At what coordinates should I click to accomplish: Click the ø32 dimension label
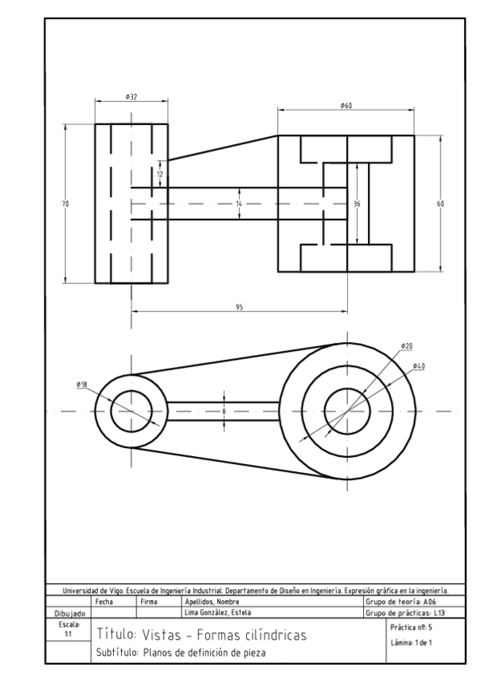click(x=131, y=96)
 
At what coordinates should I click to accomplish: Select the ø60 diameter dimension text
click(x=346, y=106)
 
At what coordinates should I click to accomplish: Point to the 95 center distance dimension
click(x=239, y=306)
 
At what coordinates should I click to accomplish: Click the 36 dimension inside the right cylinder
click(x=357, y=205)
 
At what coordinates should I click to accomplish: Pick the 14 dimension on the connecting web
click(x=239, y=205)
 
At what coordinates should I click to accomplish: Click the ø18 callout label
click(x=82, y=384)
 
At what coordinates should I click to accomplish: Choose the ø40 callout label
click(x=419, y=365)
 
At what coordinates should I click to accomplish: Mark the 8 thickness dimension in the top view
click(x=225, y=411)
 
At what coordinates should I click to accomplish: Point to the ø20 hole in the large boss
click(x=347, y=412)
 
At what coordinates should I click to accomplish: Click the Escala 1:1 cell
click(x=68, y=628)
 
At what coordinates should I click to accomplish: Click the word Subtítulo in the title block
click(x=118, y=653)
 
